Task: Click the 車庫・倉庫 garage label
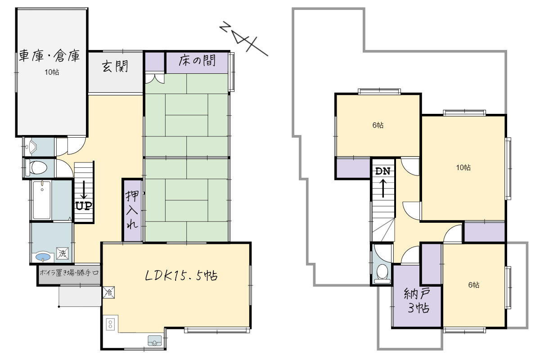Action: tap(49, 56)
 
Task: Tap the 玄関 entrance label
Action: tap(115, 66)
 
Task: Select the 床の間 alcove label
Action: tap(197, 60)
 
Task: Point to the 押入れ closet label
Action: tap(132, 210)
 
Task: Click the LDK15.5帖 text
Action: tap(181, 275)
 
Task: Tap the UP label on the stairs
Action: tap(84, 206)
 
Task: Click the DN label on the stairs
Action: tap(383, 171)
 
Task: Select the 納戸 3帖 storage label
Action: tap(417, 301)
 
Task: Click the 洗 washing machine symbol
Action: tap(63, 253)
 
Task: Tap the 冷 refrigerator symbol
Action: tap(109, 292)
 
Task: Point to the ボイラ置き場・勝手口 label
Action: tap(69, 273)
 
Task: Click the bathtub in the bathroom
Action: tap(42, 200)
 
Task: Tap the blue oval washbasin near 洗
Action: tap(43, 257)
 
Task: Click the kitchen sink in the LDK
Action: tap(154, 341)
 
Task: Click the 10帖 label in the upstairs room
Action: tap(463, 167)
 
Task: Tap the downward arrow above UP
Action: tap(84, 189)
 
